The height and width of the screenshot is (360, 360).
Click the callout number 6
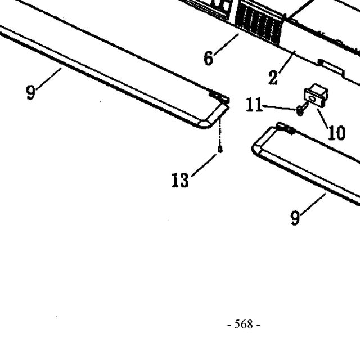[208, 58]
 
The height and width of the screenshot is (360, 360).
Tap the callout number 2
[273, 78]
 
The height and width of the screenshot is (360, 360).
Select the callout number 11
[254, 105]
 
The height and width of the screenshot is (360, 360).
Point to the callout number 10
[337, 133]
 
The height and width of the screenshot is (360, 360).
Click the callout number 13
[180, 180]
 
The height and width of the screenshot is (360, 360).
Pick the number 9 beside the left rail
[31, 92]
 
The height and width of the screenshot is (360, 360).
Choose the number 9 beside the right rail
[295, 218]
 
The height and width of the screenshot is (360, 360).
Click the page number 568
[244, 324]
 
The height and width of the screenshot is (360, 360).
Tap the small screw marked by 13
[220, 150]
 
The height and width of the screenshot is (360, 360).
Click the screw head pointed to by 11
[300, 111]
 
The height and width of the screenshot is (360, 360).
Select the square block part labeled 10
[316, 96]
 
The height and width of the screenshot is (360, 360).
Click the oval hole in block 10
[313, 99]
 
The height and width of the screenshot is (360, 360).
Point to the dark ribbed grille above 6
[259, 24]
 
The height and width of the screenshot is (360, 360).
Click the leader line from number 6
[226, 44]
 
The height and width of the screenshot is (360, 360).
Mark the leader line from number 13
[204, 165]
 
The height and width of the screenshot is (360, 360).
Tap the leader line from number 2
[287, 62]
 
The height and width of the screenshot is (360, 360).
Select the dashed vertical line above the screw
[220, 132]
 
